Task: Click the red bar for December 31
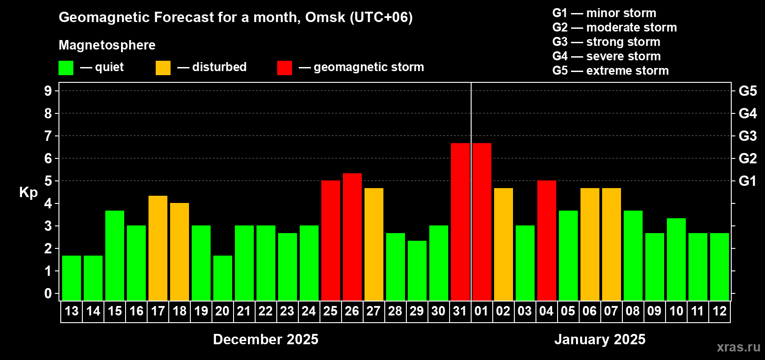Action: tap(460, 221)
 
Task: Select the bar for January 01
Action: tap(481, 221)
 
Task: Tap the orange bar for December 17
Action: tap(158, 248)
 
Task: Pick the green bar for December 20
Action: tap(223, 278)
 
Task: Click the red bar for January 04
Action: tap(546, 240)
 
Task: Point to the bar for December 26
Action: tap(352, 237)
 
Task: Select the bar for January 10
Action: tap(676, 259)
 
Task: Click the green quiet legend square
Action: tap(66, 68)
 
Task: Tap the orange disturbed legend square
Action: tap(163, 68)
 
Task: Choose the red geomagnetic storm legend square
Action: tap(284, 68)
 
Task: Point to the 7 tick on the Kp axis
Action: tap(48, 136)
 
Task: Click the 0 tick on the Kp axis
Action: tap(48, 294)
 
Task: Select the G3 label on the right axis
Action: tap(747, 136)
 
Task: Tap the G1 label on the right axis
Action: tap(747, 181)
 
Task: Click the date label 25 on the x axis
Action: tap(330, 311)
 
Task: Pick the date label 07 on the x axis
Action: tap(611, 311)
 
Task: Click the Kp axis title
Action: tap(28, 193)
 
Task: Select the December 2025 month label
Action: tap(265, 339)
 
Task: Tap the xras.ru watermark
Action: tap(738, 347)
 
